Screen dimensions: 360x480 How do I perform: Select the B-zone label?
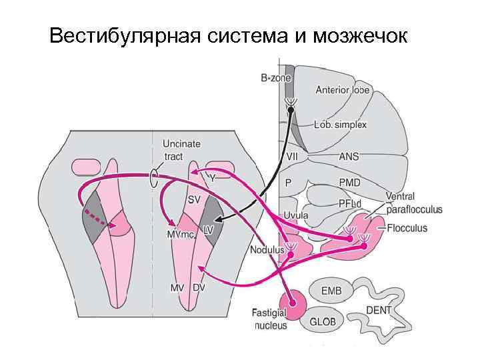[x=275, y=79]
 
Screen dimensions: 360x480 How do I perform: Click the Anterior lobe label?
[x=342, y=89]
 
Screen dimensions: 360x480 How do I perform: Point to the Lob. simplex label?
[x=340, y=125]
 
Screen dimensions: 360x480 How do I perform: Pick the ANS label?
[x=349, y=157]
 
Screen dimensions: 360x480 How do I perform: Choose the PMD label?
[x=350, y=182]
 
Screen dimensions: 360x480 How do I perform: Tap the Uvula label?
[x=296, y=215]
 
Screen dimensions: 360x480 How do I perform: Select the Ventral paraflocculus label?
[x=413, y=203]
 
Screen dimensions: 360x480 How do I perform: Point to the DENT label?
[x=378, y=311]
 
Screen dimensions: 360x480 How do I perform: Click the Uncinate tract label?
[x=182, y=150]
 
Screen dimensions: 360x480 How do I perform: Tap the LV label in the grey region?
[x=208, y=229]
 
